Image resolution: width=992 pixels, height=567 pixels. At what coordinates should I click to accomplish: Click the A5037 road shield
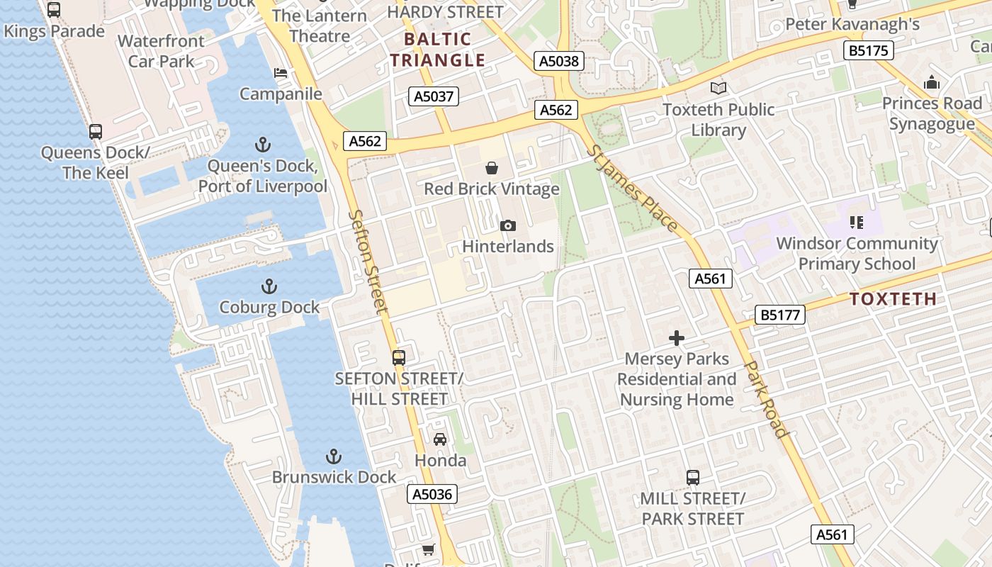(x=434, y=96)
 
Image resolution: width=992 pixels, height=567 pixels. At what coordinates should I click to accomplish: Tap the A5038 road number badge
(x=559, y=61)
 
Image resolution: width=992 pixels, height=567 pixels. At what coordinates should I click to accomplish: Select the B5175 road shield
(x=869, y=50)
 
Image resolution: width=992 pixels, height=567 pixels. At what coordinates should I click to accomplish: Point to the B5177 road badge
(x=780, y=315)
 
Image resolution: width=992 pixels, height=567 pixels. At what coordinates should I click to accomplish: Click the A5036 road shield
(x=432, y=494)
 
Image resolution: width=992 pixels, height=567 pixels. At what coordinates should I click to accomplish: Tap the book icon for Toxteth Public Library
(x=718, y=88)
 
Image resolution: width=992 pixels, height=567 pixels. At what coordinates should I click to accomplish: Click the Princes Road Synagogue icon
(x=932, y=82)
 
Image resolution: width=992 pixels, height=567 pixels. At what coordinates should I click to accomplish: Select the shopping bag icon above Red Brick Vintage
(x=491, y=168)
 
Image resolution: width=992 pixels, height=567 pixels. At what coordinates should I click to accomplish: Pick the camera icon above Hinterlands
(x=507, y=225)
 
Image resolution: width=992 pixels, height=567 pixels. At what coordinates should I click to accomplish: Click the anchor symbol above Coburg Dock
(x=269, y=286)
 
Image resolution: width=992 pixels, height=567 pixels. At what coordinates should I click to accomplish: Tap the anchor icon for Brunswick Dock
(x=333, y=456)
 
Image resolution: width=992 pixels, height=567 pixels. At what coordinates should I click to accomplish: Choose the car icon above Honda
(x=440, y=439)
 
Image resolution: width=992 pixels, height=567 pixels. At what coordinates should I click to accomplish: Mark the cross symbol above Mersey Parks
(x=677, y=338)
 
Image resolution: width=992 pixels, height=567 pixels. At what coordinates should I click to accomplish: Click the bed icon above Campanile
(x=281, y=73)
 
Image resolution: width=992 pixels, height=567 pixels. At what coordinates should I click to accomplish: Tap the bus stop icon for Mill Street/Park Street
(x=692, y=478)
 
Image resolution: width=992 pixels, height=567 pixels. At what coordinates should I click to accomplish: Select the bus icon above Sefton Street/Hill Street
(x=399, y=358)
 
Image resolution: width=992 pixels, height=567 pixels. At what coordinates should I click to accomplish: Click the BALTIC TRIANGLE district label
(x=438, y=50)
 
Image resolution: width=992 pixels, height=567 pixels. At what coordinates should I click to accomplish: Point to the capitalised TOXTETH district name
(x=893, y=299)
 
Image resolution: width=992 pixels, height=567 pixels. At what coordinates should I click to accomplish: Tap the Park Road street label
(x=766, y=399)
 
